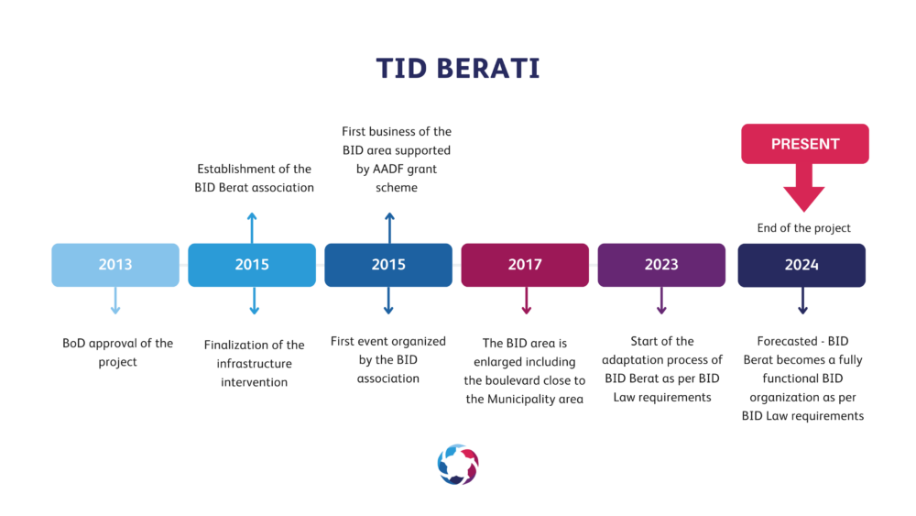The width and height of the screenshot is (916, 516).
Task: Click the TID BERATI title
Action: pos(458,69)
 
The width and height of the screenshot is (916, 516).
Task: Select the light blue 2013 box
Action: pos(115,265)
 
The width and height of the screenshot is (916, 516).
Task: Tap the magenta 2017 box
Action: pos(525,265)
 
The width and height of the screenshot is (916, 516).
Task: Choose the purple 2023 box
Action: pos(661,265)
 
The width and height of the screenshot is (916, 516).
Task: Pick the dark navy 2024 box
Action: pos(801,265)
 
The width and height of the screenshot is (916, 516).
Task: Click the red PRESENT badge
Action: pos(805,144)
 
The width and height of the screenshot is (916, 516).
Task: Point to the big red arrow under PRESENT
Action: pos(804,188)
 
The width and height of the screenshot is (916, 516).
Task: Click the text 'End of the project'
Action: pos(804,228)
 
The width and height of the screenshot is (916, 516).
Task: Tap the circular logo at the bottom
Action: pos(458,465)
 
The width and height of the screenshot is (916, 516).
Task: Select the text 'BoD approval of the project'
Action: pos(117,352)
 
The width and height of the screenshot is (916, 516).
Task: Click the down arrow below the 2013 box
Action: pos(115,301)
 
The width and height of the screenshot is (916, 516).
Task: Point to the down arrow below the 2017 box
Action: pos(527,301)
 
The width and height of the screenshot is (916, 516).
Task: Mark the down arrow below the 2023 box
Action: pos(661,301)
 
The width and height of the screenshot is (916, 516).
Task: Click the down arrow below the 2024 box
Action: pos(802,301)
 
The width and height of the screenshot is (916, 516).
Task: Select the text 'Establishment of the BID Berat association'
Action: pos(254,178)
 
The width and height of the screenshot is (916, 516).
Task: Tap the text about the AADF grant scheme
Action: pos(397,159)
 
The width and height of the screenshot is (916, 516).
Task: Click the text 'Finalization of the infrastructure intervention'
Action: pos(254,364)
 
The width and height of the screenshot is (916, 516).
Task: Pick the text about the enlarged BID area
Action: pos(525,371)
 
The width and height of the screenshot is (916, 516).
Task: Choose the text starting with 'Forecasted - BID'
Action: pos(802,379)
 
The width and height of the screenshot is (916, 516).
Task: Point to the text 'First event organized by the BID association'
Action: pos(387,359)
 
